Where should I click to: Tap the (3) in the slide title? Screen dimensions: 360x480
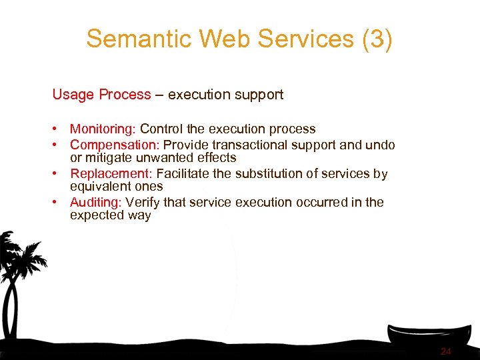(x=377, y=39)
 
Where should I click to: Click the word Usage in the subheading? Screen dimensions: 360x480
(x=73, y=95)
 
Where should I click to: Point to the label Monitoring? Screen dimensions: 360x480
(x=103, y=129)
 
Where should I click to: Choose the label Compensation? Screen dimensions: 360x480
(x=115, y=145)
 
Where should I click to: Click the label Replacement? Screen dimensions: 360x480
(x=111, y=174)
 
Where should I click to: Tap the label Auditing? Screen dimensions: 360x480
(x=96, y=202)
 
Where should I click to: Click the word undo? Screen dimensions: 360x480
(x=381, y=145)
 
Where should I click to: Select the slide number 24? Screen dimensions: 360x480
(x=446, y=351)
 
